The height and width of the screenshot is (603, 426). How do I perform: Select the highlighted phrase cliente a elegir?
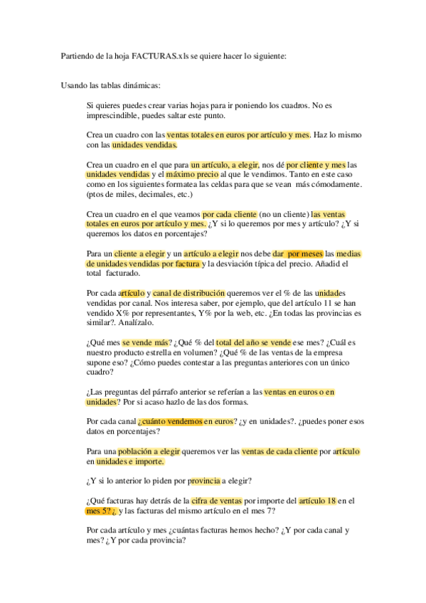[139, 253]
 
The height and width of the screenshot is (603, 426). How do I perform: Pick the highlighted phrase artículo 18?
[317, 500]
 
